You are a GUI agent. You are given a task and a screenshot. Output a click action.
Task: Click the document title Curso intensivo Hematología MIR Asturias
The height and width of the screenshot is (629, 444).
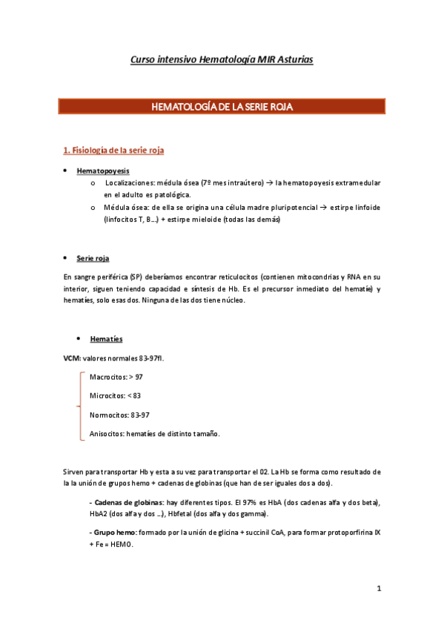[222, 59]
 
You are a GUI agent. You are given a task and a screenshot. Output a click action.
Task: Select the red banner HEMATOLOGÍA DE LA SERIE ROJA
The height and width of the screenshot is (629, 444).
[222, 108]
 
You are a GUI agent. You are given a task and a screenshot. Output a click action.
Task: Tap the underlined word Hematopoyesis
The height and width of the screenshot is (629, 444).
[103, 171]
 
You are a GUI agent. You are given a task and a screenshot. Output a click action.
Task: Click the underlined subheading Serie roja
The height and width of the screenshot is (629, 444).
[93, 258]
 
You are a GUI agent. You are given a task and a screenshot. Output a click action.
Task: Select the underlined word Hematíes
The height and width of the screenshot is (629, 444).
[106, 339]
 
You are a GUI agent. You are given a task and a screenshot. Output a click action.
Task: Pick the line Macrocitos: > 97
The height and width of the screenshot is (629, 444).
[116, 378]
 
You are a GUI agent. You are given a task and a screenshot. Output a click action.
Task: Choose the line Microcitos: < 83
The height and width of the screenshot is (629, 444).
[115, 396]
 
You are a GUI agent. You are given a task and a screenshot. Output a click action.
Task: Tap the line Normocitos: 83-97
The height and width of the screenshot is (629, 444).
[119, 415]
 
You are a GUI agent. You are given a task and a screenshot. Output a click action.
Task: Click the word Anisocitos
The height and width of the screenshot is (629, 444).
[107, 434]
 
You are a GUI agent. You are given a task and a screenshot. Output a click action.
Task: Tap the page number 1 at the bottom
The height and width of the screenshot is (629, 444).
[378, 589]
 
